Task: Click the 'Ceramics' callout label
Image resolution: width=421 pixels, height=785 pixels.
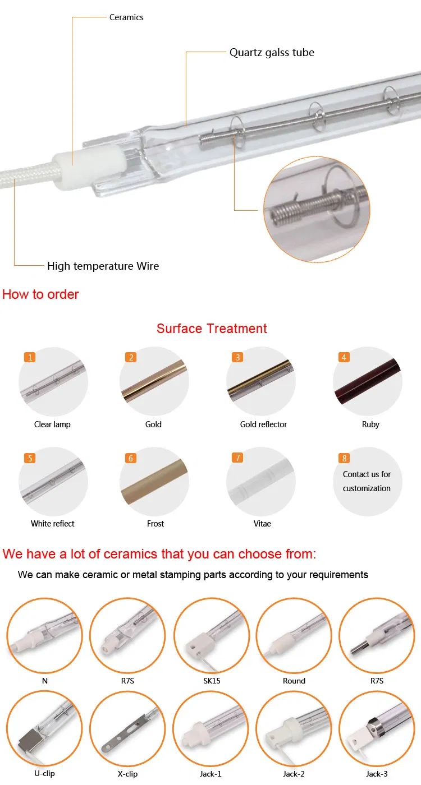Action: point(126,17)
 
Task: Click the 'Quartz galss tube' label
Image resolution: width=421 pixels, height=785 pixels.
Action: point(272,53)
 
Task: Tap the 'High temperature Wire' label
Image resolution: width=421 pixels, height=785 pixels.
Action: point(103,266)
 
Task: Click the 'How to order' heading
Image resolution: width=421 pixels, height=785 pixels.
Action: point(41,294)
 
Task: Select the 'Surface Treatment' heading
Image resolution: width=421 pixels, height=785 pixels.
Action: point(212,329)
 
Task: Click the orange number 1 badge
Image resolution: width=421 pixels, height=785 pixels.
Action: point(30,357)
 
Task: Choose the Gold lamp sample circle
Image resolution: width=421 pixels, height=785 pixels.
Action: point(154,381)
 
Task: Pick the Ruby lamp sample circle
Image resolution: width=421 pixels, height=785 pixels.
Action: point(368,381)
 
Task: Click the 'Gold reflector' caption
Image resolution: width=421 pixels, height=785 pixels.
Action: point(263,424)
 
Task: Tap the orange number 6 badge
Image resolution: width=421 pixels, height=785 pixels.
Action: point(131,458)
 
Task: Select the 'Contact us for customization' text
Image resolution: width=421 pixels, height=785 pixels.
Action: point(367,481)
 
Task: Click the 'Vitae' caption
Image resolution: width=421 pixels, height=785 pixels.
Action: point(262,524)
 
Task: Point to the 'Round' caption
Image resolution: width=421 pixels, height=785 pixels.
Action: point(294,681)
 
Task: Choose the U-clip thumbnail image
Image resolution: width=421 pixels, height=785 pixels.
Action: point(44,728)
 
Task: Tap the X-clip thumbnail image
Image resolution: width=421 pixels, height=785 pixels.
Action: point(127,728)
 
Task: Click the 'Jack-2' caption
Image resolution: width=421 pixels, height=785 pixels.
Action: point(294,774)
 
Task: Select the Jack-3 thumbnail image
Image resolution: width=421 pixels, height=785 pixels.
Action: point(377,728)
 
